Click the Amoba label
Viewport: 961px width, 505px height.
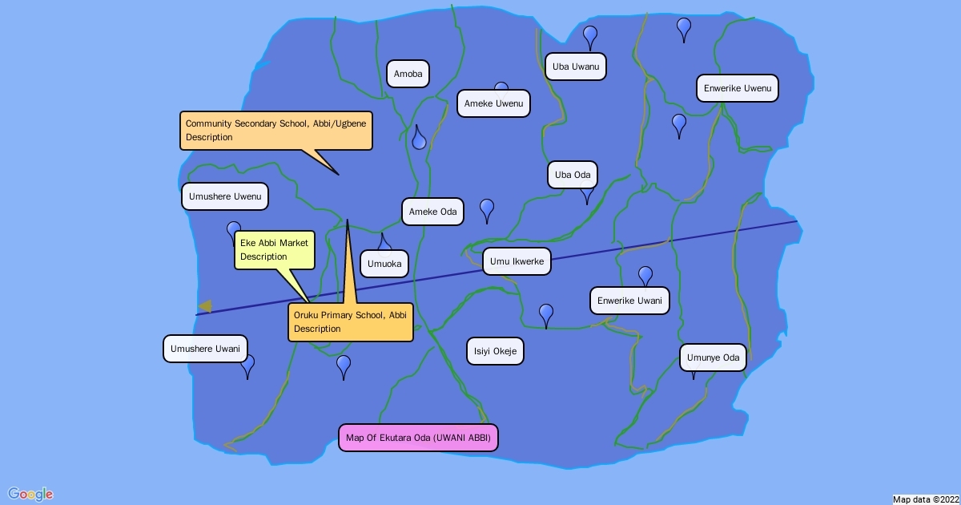(408, 75)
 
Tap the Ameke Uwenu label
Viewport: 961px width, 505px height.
(493, 103)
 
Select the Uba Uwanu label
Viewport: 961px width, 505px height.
(575, 67)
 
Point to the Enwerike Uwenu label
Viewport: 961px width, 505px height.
(738, 88)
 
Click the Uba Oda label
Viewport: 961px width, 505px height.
(573, 175)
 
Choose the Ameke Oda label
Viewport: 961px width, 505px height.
(433, 212)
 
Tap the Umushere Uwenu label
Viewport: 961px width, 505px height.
(225, 196)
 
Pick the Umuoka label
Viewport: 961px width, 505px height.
(384, 264)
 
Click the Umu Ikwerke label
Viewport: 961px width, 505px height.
(517, 261)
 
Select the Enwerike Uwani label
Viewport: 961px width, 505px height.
(629, 301)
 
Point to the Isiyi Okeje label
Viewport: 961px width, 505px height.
(495, 351)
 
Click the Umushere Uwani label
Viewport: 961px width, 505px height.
(206, 349)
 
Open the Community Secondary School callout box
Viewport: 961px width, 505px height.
(276, 131)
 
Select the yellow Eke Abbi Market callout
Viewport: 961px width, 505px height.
(274, 250)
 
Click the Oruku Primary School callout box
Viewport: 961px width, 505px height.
(351, 322)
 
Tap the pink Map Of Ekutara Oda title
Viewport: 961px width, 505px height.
(418, 438)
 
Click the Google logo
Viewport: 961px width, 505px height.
(30, 494)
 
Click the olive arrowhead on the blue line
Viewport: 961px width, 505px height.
(206, 306)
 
